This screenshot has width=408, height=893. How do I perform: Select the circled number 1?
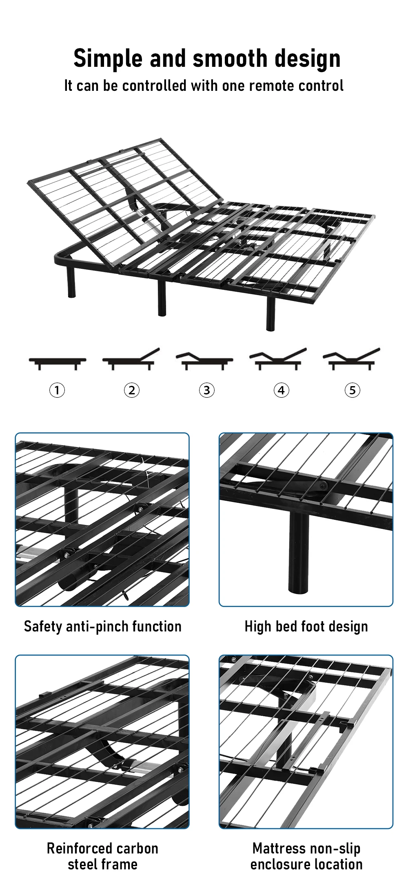57,390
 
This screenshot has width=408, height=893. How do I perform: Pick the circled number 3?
206,390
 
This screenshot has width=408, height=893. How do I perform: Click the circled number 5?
353,390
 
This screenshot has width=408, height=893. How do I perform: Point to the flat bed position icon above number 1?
58,362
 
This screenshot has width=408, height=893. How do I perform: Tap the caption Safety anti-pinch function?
102,627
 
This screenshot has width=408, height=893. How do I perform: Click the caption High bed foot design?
306,627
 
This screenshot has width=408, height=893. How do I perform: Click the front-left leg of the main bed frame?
71,281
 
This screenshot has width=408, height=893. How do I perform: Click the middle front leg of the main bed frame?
162,297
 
